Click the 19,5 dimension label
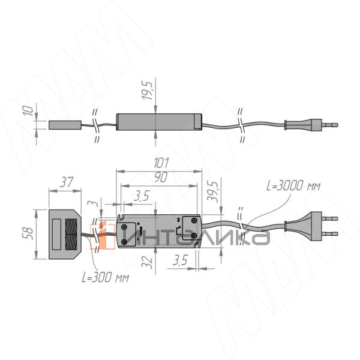(x=147, y=91)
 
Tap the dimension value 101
(x=161, y=163)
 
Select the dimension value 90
(x=161, y=177)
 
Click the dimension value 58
(x=28, y=233)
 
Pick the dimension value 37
(x=67, y=182)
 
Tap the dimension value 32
(x=147, y=262)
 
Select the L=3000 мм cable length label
(x=293, y=185)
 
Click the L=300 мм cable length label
(x=106, y=278)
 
